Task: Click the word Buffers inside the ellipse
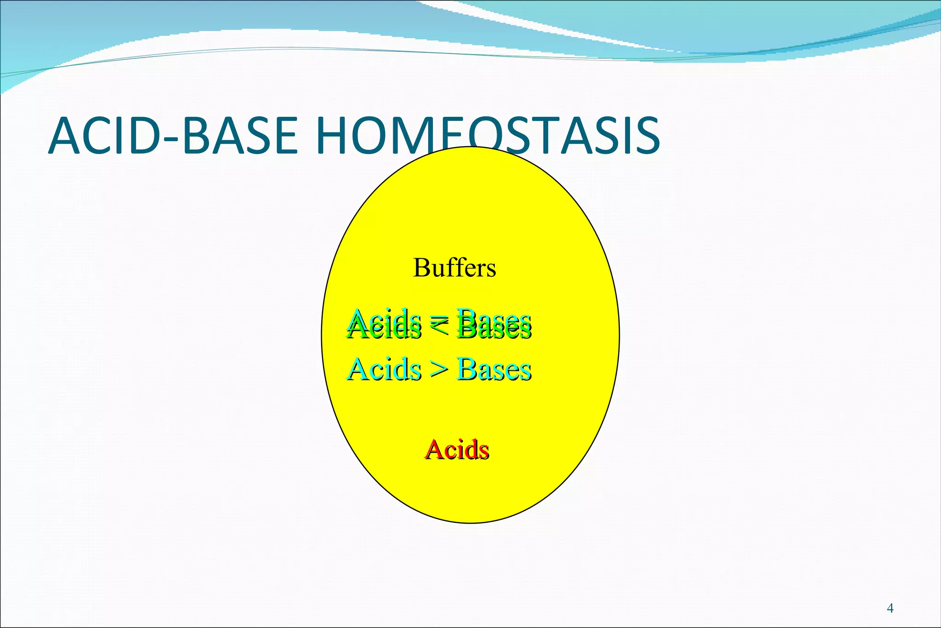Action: (x=454, y=268)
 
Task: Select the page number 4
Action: (x=890, y=609)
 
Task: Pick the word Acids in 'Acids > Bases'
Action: (x=385, y=369)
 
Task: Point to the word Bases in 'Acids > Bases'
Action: (x=494, y=369)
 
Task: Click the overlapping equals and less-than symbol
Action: (x=439, y=325)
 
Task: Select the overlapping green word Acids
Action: (x=385, y=325)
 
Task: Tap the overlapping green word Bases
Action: (x=494, y=325)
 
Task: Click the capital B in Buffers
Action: (x=421, y=268)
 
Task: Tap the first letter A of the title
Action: (x=64, y=136)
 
